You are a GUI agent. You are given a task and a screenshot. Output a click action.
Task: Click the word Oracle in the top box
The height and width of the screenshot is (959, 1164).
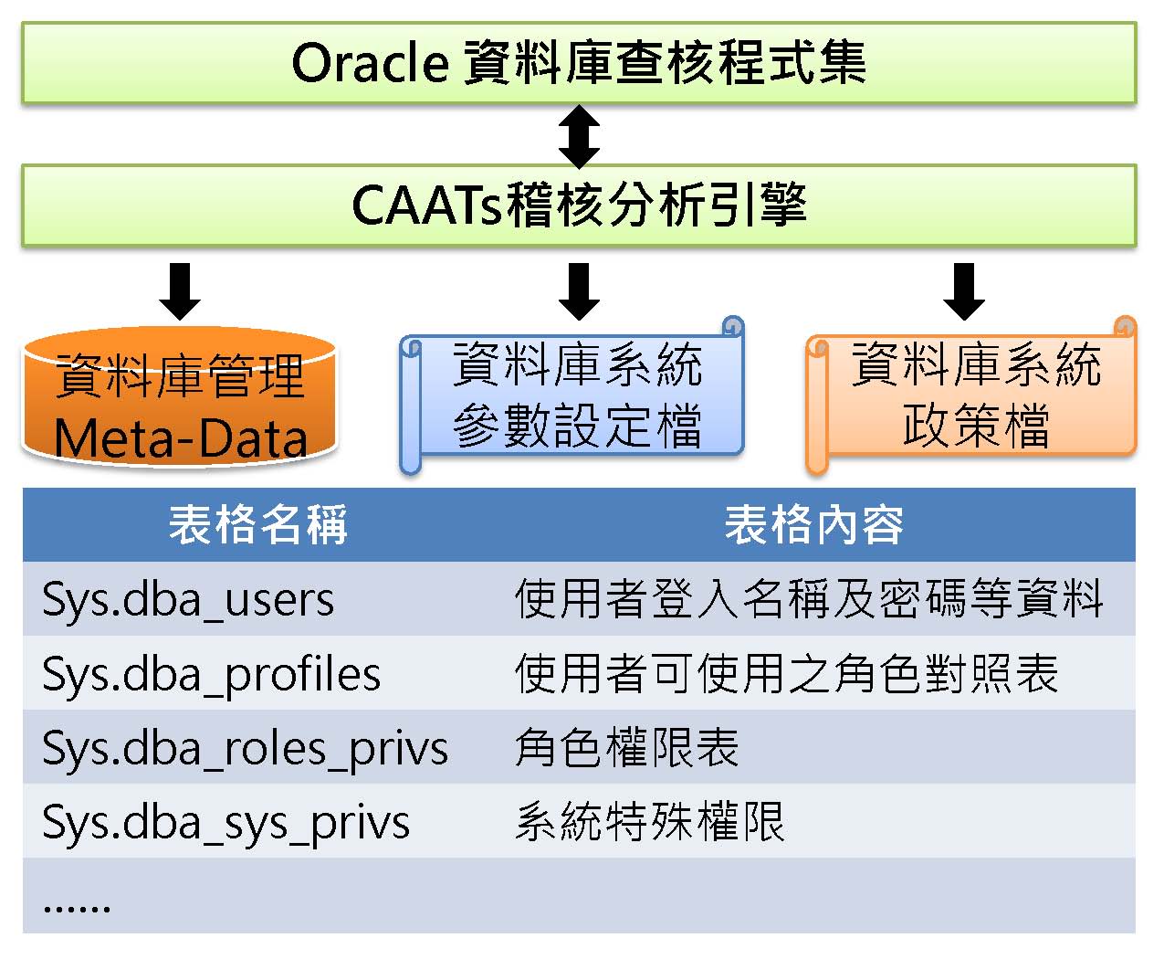369,64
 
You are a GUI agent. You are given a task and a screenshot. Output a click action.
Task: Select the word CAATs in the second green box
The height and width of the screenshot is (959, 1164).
425,205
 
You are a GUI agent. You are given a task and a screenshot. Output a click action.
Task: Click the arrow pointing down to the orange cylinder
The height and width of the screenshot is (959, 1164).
180,291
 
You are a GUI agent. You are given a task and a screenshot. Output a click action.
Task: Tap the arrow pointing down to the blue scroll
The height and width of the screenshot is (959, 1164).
579,291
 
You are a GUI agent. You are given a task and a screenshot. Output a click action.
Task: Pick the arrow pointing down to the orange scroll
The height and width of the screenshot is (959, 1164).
963,291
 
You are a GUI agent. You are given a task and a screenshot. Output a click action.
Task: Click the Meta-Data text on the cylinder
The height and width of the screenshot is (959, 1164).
181,438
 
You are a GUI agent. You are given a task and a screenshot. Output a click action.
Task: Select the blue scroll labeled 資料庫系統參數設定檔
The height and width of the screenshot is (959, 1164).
575,395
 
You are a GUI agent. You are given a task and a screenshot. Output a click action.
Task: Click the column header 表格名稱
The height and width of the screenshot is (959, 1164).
258,525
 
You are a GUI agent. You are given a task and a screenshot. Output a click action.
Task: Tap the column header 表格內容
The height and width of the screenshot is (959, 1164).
813,525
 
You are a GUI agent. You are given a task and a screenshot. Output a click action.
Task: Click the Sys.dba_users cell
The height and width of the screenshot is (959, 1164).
188,600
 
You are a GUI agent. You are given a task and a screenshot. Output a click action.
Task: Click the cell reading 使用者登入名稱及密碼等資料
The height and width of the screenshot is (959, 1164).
809,600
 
